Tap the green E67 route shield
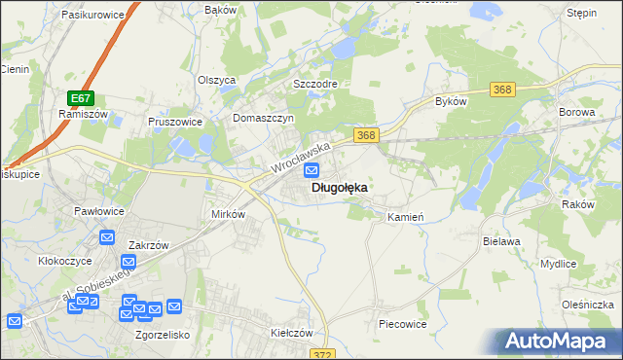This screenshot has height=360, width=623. [x=81, y=98]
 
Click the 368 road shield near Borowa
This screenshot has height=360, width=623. [x=502, y=90]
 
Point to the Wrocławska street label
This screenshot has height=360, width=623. [x=302, y=157]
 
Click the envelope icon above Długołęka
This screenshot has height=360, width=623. [x=311, y=170]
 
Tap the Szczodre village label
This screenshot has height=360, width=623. [x=315, y=84]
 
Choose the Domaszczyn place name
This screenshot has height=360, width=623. [x=263, y=117]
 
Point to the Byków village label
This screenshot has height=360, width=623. [x=452, y=101]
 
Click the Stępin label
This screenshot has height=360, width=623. [x=581, y=15]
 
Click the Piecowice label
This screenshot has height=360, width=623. [x=403, y=323]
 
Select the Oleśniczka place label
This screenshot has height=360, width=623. [x=587, y=305]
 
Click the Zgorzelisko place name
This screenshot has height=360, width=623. [x=161, y=334]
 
